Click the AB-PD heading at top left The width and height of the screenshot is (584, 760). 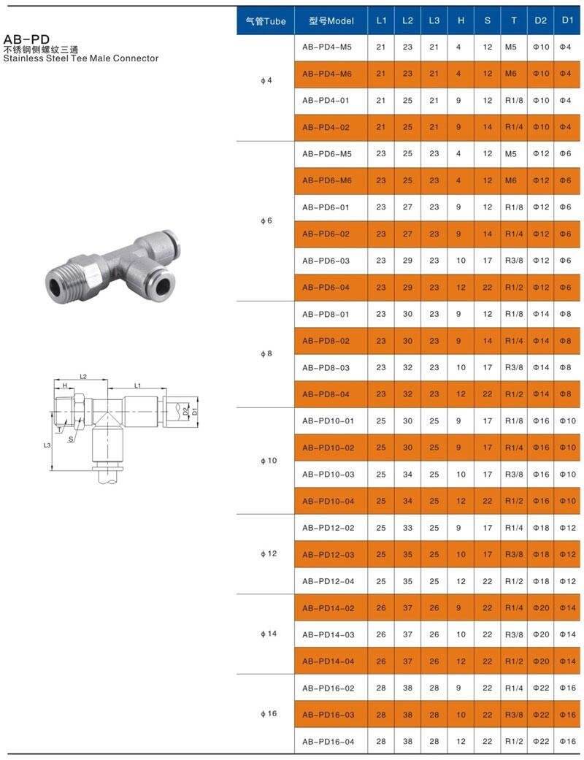pyautogui.click(x=26, y=39)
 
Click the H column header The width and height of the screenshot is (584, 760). pyautogui.click(x=461, y=20)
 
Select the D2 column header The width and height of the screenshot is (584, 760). pyautogui.click(x=541, y=20)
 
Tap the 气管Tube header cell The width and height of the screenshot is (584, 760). pyautogui.click(x=266, y=21)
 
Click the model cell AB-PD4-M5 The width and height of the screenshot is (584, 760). pyautogui.click(x=327, y=47)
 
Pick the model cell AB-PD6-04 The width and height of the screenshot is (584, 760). pyautogui.click(x=326, y=288)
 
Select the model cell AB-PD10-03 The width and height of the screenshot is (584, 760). pyautogui.click(x=328, y=475)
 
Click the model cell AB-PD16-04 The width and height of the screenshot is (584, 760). pyautogui.click(x=328, y=742)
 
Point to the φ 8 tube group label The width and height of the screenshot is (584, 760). pyautogui.click(x=266, y=354)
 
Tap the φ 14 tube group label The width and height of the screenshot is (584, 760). pyautogui.click(x=269, y=634)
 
